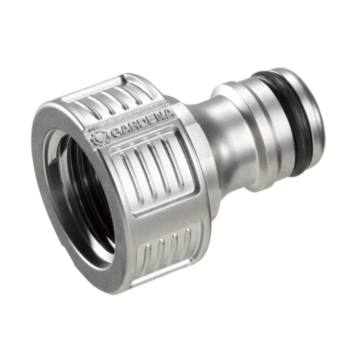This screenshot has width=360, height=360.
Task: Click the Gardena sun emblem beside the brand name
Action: tap(100, 138)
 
